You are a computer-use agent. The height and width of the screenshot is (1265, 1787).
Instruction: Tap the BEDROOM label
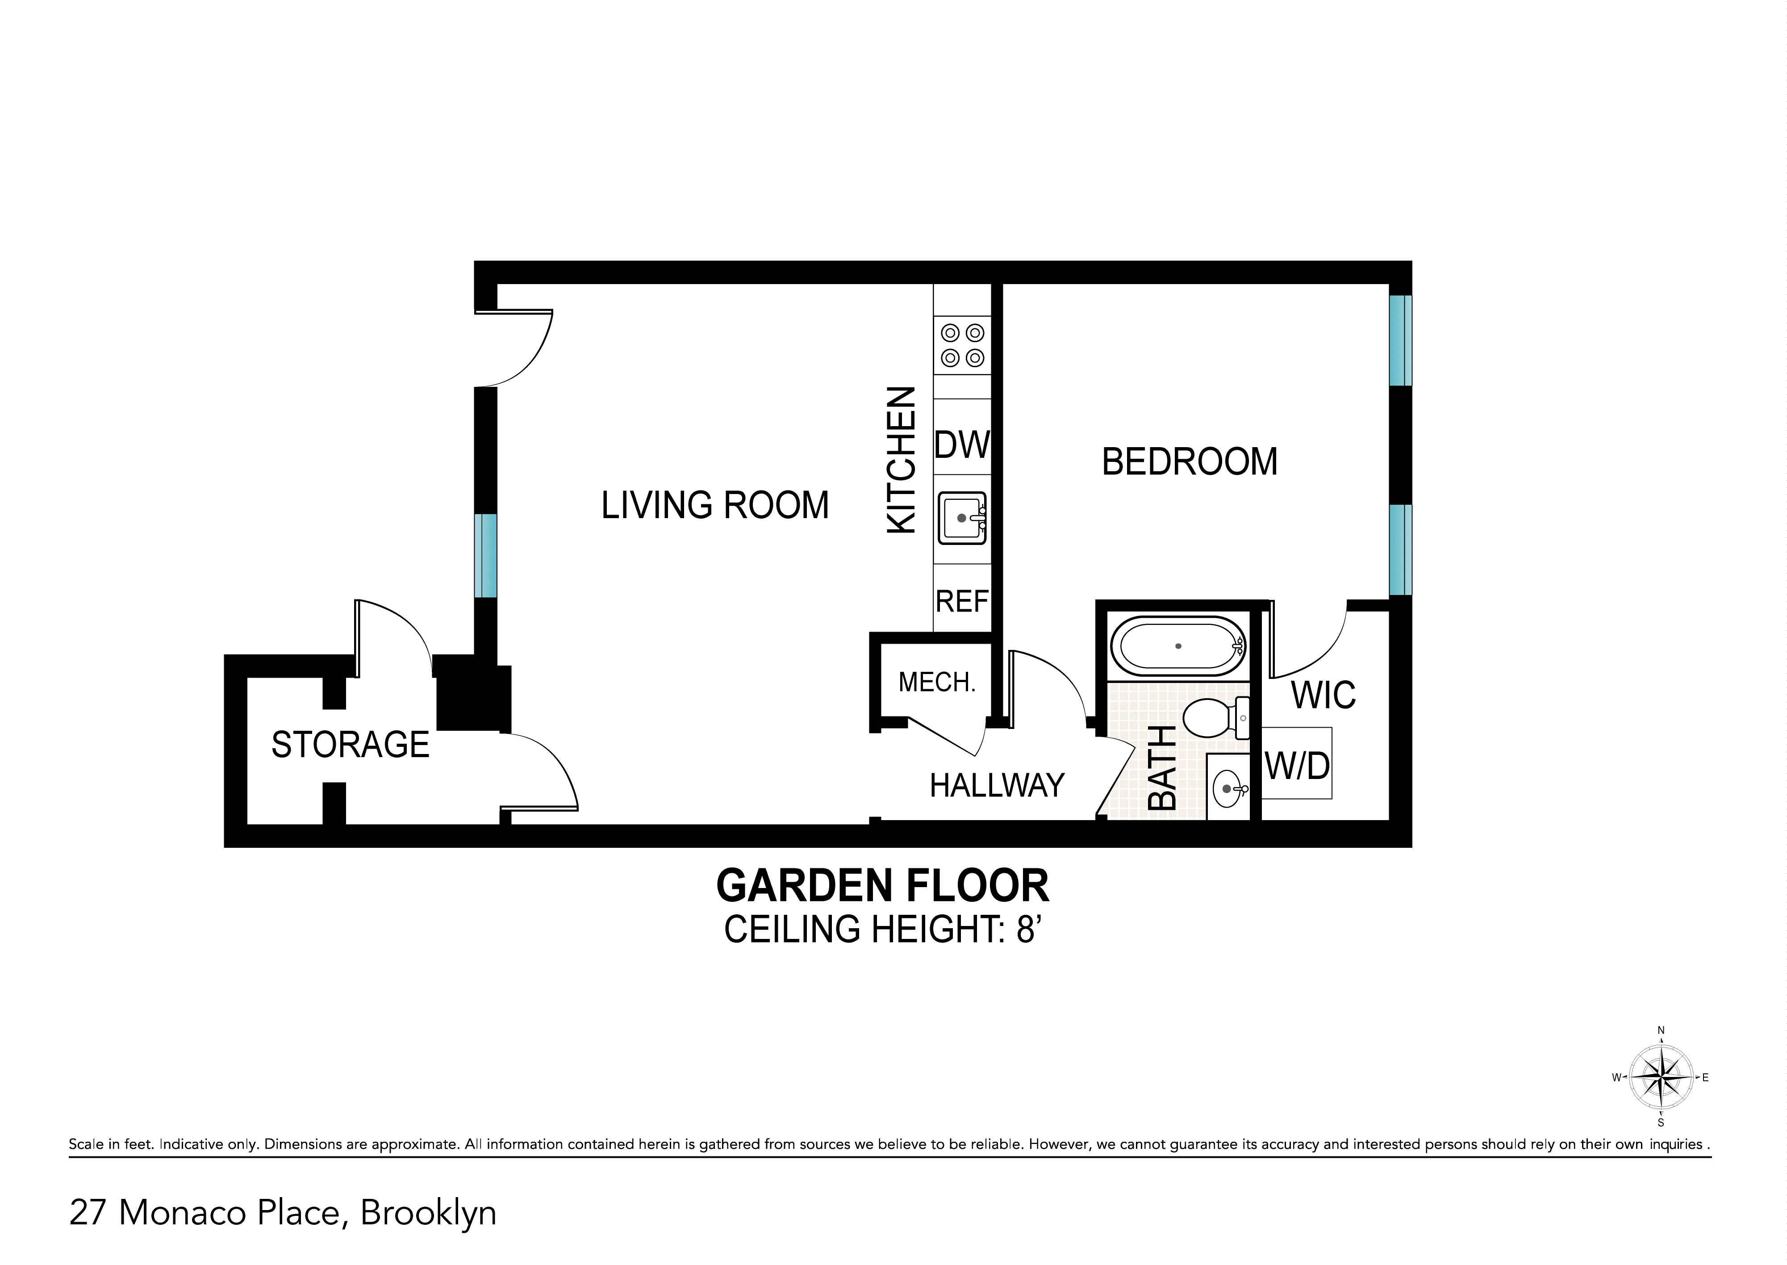point(1189,462)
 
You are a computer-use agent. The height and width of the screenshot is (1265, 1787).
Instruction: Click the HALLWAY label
point(997,785)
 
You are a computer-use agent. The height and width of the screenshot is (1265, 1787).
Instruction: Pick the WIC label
point(1323,695)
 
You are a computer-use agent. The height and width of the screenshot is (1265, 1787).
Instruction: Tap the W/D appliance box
point(1296,765)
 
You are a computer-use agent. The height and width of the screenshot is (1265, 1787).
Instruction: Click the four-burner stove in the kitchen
point(962,345)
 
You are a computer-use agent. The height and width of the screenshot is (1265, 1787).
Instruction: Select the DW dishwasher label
point(962,445)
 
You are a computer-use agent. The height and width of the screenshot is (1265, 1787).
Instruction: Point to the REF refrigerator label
point(962,601)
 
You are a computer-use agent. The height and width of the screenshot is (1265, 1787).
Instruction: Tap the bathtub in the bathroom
point(1178,646)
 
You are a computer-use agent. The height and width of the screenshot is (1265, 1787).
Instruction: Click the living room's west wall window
point(485,555)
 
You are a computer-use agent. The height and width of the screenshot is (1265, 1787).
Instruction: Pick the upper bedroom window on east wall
point(1400,340)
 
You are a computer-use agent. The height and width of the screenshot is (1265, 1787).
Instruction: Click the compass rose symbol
point(1661,1078)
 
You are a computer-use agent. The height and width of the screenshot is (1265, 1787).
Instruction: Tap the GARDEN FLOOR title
point(882,886)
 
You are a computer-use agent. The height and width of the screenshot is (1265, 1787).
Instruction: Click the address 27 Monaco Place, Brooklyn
point(283,1212)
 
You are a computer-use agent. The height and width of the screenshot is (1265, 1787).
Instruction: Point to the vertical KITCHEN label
point(902,461)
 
